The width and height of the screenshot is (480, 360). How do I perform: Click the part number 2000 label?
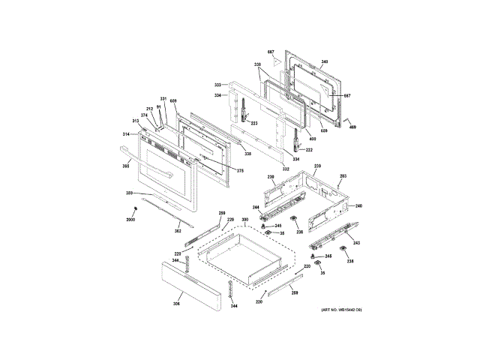click(x=130, y=218)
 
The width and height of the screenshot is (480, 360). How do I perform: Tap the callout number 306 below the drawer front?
click(x=176, y=303)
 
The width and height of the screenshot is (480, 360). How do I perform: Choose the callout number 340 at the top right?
click(x=324, y=61)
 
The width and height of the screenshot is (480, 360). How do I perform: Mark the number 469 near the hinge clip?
click(x=352, y=126)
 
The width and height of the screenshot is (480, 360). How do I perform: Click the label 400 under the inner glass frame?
click(x=302, y=139)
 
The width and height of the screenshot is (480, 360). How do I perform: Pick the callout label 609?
click(x=173, y=100)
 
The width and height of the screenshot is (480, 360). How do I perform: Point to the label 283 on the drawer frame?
click(x=343, y=176)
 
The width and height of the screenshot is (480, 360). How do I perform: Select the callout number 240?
click(x=358, y=205)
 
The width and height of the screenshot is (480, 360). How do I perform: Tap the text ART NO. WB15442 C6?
click(x=341, y=310)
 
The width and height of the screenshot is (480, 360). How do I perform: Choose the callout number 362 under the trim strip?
click(x=178, y=231)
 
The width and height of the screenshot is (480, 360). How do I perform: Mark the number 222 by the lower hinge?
click(x=308, y=149)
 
